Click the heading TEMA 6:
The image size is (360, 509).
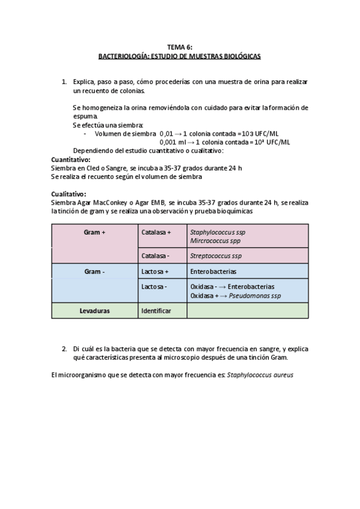[x=180, y=47]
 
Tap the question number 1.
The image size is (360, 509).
[x=64, y=81]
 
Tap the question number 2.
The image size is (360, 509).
[x=64, y=348]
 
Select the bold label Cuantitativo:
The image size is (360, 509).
[x=71, y=160]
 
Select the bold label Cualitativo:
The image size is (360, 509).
[x=69, y=194]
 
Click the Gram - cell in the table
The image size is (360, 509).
[x=95, y=271]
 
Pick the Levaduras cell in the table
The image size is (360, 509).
[x=95, y=311]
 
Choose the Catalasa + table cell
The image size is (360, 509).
[x=156, y=232]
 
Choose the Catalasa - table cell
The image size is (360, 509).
[x=155, y=256]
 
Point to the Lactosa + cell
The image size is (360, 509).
[x=155, y=271]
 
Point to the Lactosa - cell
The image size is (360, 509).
[x=154, y=287]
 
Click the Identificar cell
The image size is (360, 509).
[x=156, y=311]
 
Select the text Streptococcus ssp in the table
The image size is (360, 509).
[x=216, y=256]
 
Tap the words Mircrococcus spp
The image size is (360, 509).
[x=217, y=240]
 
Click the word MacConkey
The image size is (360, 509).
[x=113, y=203]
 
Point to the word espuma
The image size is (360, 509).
[x=84, y=116]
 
